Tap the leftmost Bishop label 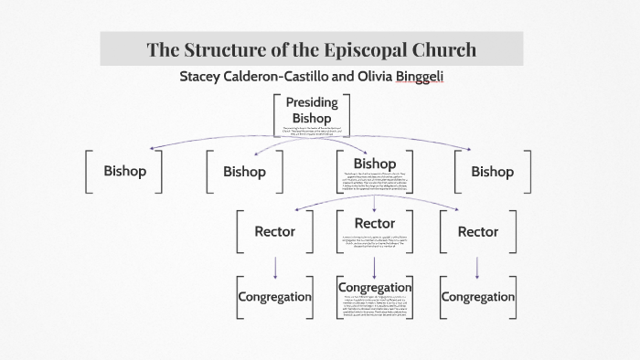tap(124, 171)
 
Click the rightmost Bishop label tap(492, 171)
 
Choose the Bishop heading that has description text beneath tap(373, 163)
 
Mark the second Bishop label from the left tap(244, 171)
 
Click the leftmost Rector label tap(274, 231)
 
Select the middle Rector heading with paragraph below tap(373, 223)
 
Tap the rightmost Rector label tap(478, 231)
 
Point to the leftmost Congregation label tap(274, 297)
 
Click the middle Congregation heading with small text tap(375, 287)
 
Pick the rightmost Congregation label tap(477, 297)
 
